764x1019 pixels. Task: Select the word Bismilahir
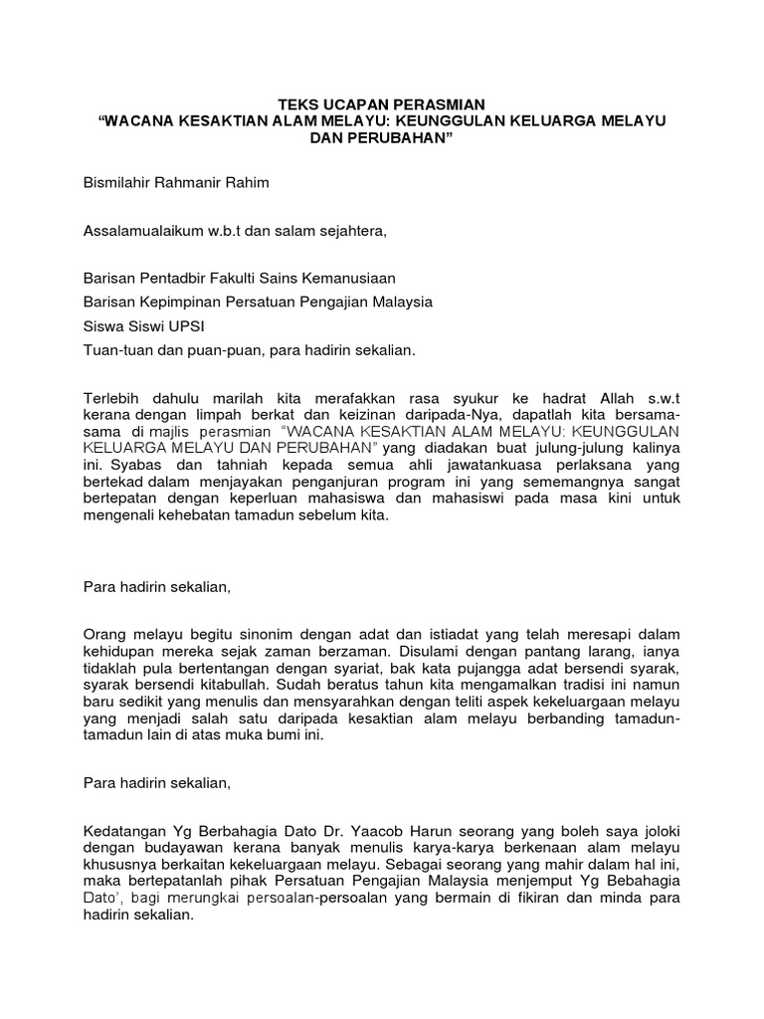pyautogui.click(x=118, y=184)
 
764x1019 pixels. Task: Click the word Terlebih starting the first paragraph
pyautogui.click(x=111, y=398)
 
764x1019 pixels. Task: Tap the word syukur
pyautogui.click(x=484, y=398)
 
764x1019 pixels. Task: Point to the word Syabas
pyautogui.click(x=132, y=464)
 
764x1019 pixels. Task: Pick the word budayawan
pyautogui.click(x=171, y=847)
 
